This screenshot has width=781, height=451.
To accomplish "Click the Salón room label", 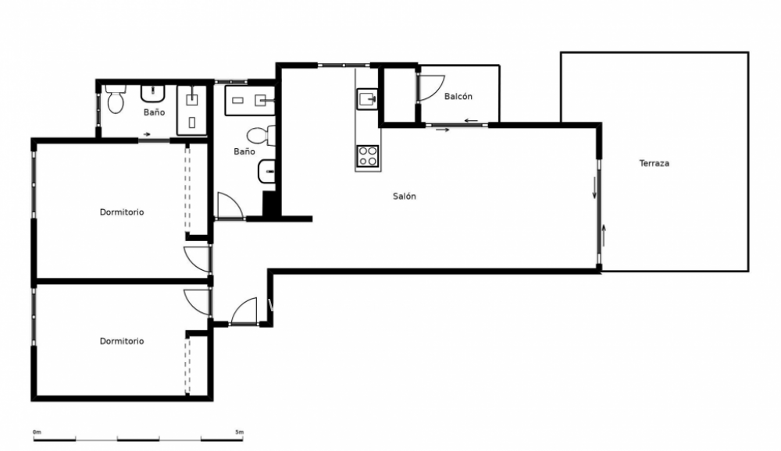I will pos(404,197).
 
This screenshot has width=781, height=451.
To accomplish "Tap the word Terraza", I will pos(654,164).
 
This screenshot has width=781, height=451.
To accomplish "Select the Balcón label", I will pos(458,97).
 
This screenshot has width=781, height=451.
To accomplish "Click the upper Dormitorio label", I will pos(122,212).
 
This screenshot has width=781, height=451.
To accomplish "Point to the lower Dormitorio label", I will pos(122,341).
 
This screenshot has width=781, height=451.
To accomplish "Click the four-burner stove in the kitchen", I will pos(368,156).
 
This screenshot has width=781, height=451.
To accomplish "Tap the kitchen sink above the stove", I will pos(367,99).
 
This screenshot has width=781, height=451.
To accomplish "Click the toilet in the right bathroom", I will pos(264,135).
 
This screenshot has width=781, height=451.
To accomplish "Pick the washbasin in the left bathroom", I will pos(152,94).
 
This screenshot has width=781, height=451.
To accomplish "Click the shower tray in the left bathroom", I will pos(192,110).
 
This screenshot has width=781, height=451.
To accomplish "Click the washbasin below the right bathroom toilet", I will pos(266,171).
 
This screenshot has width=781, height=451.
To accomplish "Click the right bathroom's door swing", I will pos(230,206).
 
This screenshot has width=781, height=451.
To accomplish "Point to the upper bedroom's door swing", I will pos(197,259).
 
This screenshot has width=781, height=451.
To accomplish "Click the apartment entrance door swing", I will pos(244,311).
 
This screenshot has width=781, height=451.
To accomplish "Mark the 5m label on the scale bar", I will pos(239,431).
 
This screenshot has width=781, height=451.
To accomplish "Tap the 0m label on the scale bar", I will pos(37,431).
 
